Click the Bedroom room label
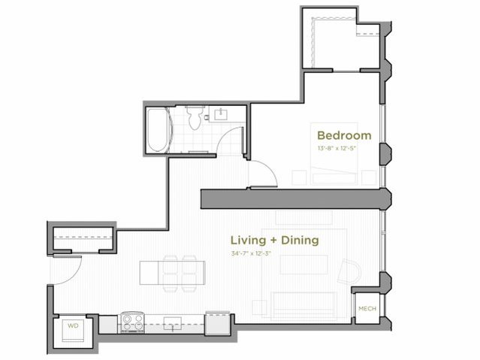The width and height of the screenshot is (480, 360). pyautogui.click(x=344, y=135)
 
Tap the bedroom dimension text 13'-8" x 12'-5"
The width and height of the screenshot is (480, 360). pyautogui.click(x=344, y=148)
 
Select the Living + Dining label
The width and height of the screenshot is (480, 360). pyautogui.click(x=274, y=241)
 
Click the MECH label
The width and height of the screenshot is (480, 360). pyautogui.click(x=367, y=309)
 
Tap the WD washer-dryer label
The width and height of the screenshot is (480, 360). pyautogui.click(x=73, y=326)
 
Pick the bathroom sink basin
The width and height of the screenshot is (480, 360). pyautogui.click(x=222, y=115)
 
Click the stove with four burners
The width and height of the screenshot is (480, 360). pyautogui.click(x=133, y=323)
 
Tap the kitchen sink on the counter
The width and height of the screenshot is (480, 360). pyautogui.click(x=174, y=323)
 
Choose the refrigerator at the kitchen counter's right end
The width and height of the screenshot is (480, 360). pyautogui.click(x=217, y=320)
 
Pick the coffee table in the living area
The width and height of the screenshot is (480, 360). pyautogui.click(x=304, y=265)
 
